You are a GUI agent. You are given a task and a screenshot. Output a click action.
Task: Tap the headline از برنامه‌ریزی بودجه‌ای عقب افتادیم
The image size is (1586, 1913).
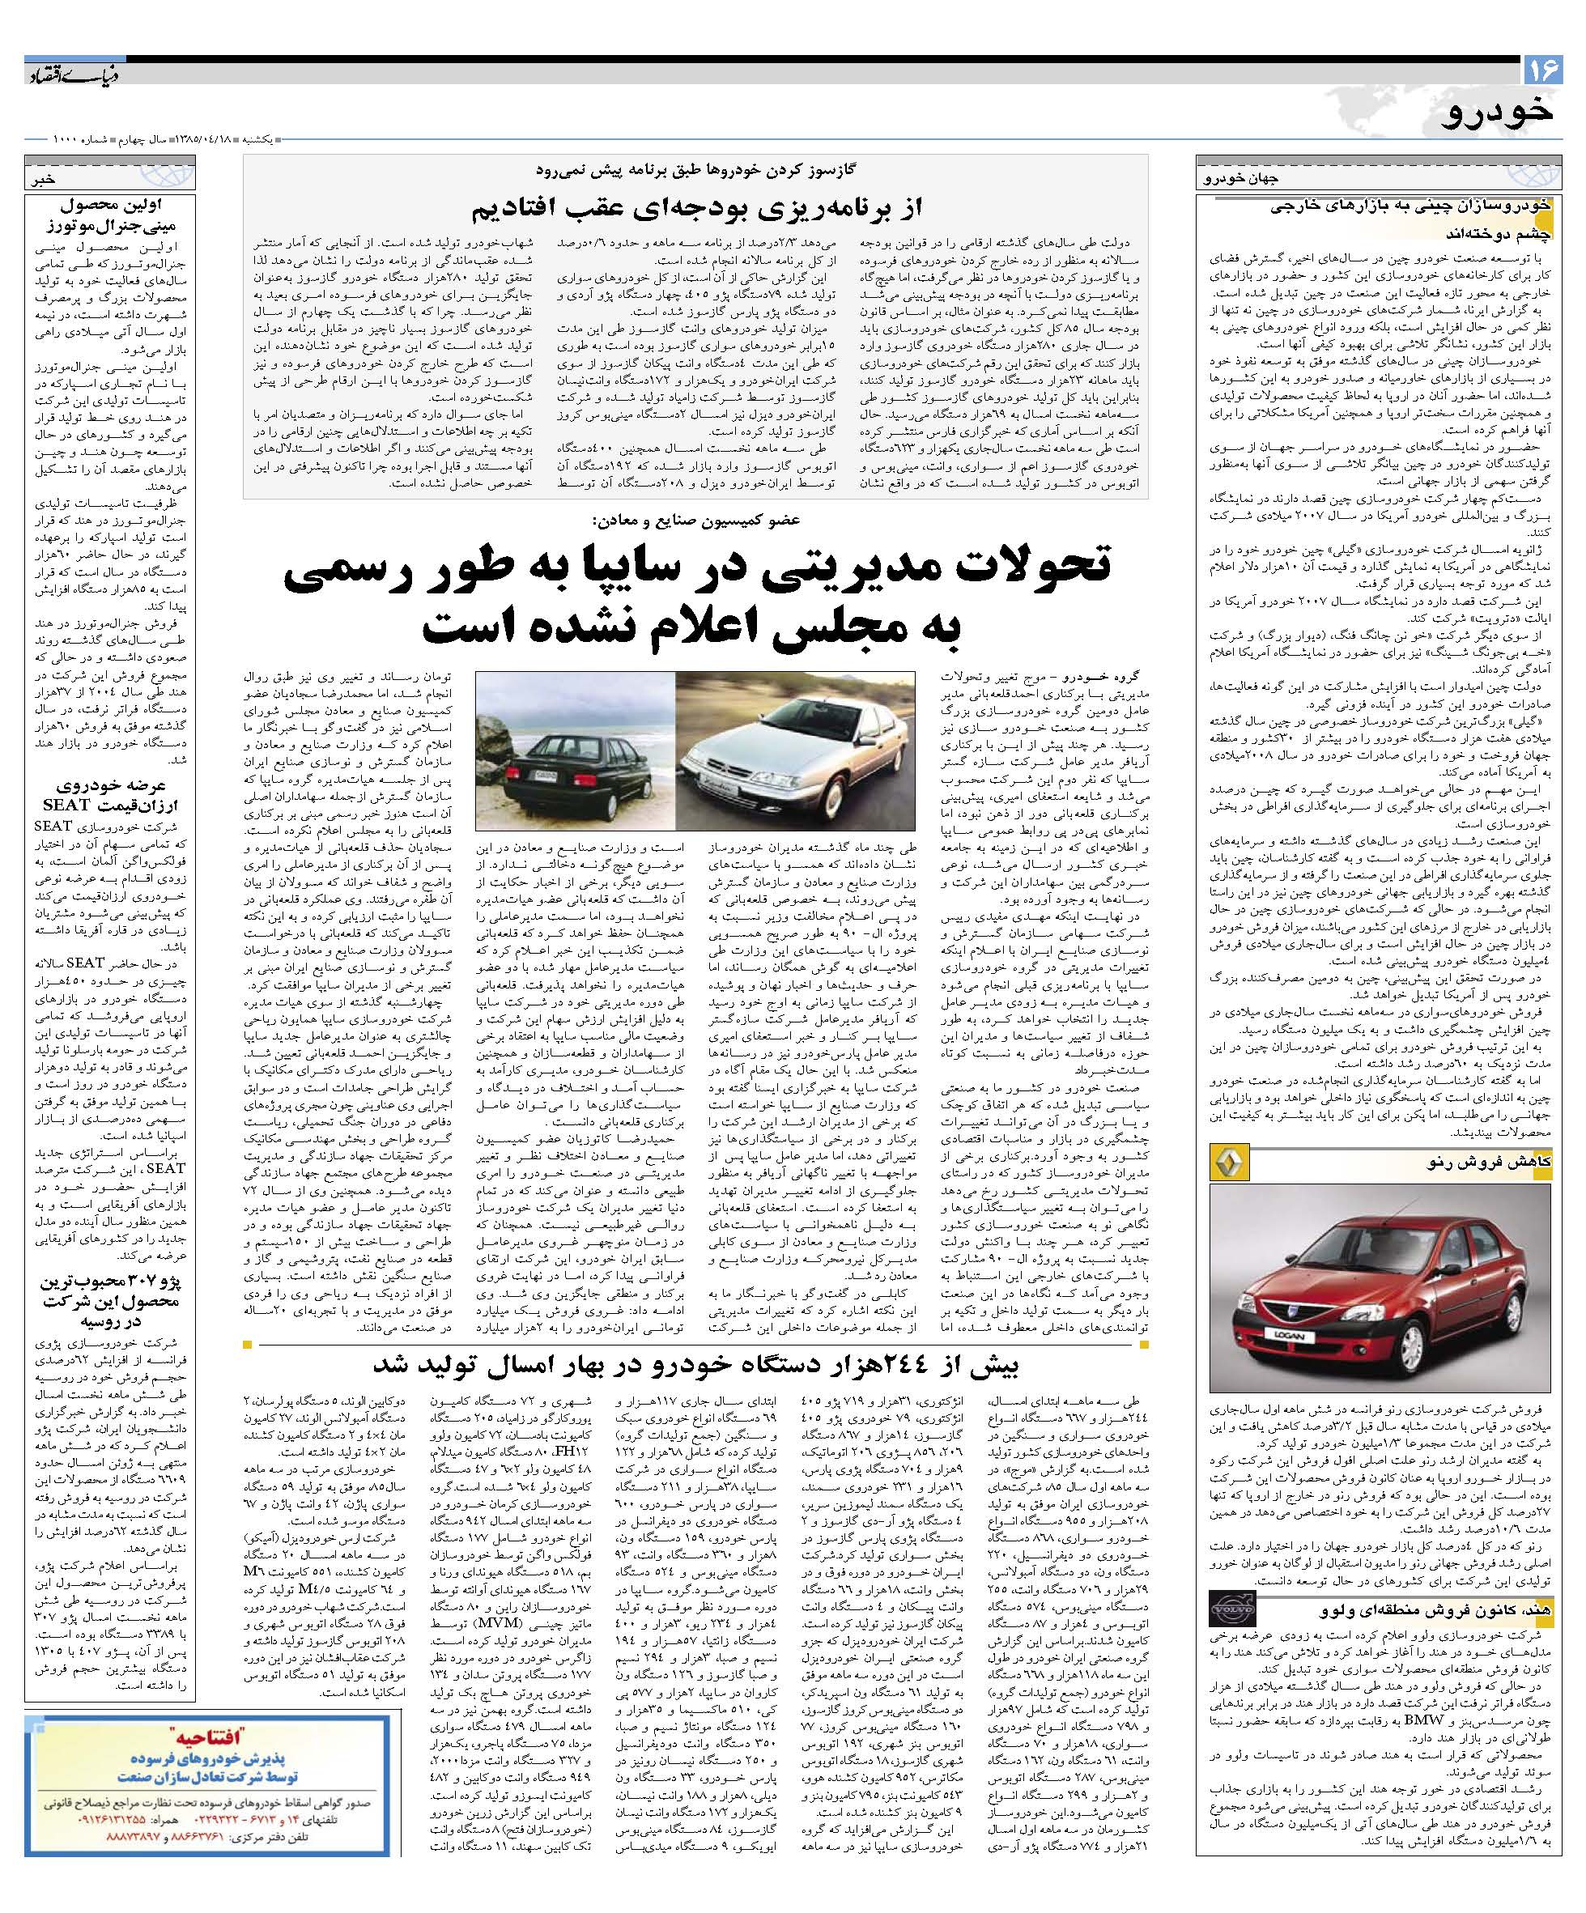tap(696, 209)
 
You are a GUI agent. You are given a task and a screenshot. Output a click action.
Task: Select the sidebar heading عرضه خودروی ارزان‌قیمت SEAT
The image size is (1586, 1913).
tap(111, 795)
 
